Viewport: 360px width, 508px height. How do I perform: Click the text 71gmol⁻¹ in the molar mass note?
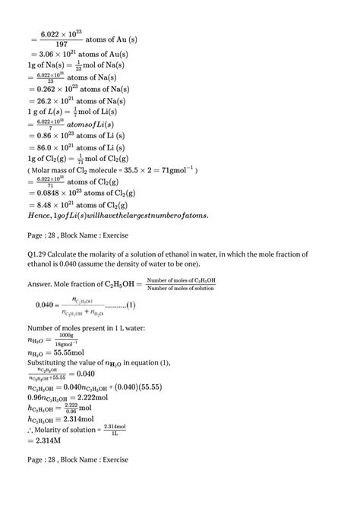tap(175, 170)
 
